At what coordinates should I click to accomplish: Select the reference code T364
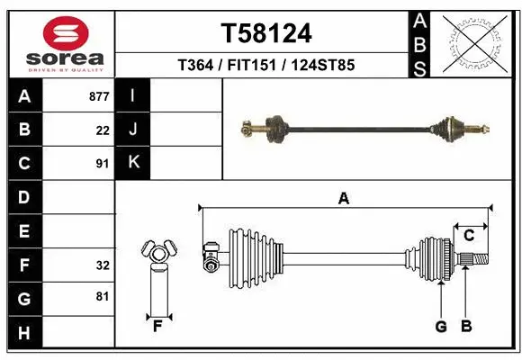[193, 65]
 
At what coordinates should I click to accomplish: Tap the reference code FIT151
[251, 65]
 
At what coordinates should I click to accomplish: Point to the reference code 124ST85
[321, 65]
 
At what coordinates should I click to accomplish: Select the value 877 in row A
[99, 96]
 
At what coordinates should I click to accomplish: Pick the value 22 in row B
[102, 130]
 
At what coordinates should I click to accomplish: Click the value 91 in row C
[102, 164]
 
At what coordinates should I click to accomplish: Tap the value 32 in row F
[102, 265]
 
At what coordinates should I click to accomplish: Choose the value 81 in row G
[102, 296]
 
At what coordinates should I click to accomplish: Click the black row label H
[24, 334]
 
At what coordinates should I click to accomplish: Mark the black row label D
[24, 197]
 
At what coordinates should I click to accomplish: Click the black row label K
[133, 163]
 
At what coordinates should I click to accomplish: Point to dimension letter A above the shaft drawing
[343, 199]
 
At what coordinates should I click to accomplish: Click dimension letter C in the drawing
[469, 236]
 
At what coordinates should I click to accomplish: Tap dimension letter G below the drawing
[441, 327]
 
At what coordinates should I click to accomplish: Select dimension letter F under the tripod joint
[157, 326]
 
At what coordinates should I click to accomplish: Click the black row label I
[133, 95]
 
